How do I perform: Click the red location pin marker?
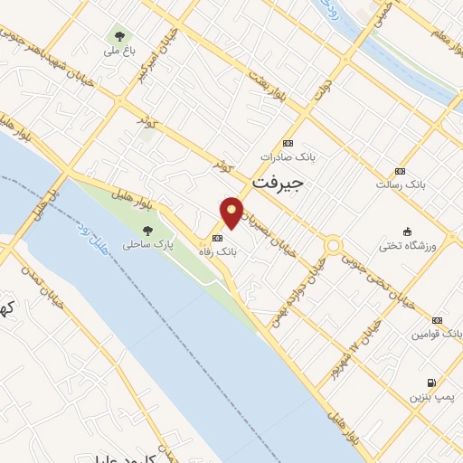[232, 212]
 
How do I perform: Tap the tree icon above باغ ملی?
[118, 36]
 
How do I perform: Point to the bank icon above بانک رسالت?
[401, 170]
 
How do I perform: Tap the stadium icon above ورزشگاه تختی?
[407, 230]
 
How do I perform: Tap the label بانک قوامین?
[432, 334]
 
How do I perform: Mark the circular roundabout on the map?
[334, 246]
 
